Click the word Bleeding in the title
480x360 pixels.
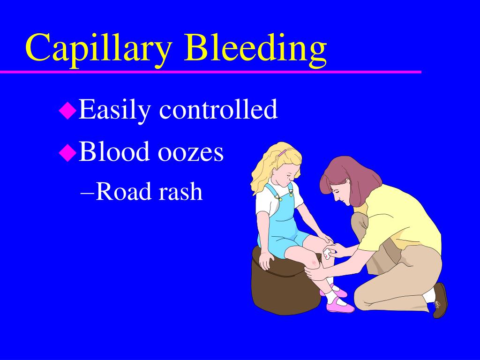pyautogui.click(x=255, y=48)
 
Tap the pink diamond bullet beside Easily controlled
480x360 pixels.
pyautogui.click(x=67, y=111)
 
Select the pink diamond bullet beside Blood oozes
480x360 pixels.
pyautogui.click(x=67, y=152)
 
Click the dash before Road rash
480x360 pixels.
pyautogui.click(x=87, y=192)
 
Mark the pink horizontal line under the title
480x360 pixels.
pyautogui.click(x=211, y=72)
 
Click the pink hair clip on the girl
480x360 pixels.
pyautogui.click(x=282, y=153)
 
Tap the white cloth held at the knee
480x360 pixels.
pyautogui.click(x=327, y=254)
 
